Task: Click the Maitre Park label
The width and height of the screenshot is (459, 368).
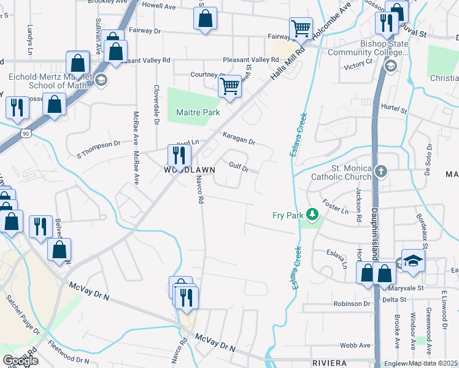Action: [193, 113]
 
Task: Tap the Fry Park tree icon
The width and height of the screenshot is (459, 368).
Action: [314, 215]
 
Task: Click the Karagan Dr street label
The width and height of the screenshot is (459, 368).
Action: [238, 140]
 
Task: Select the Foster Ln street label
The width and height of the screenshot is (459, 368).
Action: [335, 206]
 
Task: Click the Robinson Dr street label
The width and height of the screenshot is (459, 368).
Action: [352, 304]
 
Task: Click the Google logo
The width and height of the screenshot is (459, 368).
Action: [20, 361]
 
